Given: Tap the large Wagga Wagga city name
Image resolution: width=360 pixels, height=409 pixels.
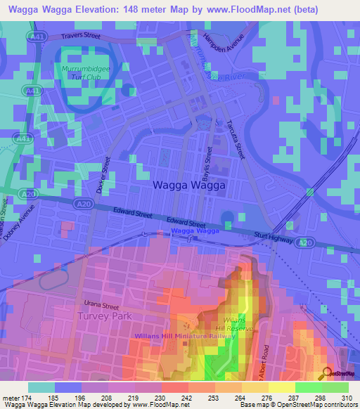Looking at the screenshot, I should [x=188, y=186].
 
